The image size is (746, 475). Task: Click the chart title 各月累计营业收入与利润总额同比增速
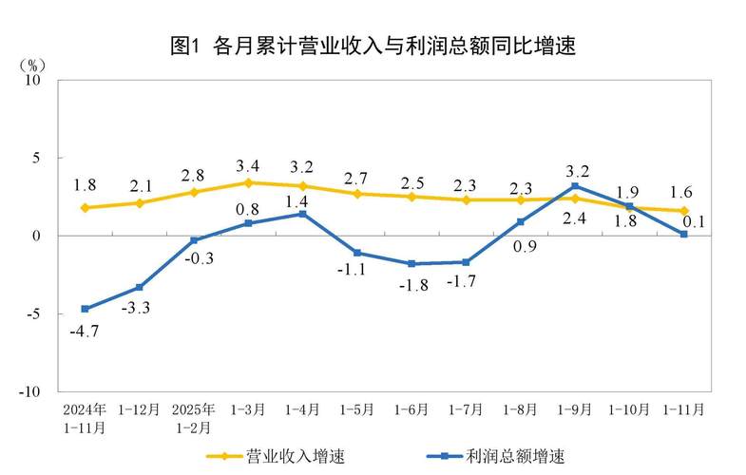click(373, 45)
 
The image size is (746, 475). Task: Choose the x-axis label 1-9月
click(574, 410)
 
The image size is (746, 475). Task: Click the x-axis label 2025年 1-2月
click(194, 418)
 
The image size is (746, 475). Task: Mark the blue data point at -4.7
click(85, 309)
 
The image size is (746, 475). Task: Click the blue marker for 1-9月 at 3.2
click(575, 186)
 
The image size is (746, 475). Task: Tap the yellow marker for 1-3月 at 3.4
click(248, 182)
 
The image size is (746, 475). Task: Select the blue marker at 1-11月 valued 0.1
click(683, 234)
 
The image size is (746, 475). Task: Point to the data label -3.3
click(139, 307)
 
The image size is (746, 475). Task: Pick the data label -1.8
click(412, 284)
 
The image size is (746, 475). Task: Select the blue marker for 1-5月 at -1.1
click(357, 253)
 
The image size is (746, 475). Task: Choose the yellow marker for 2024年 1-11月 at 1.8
click(85, 207)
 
